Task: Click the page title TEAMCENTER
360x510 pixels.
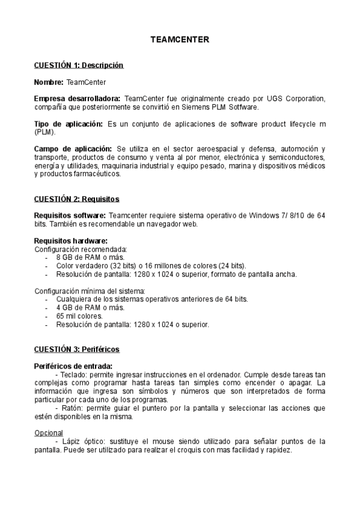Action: [180, 40]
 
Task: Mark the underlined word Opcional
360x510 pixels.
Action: [48, 432]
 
